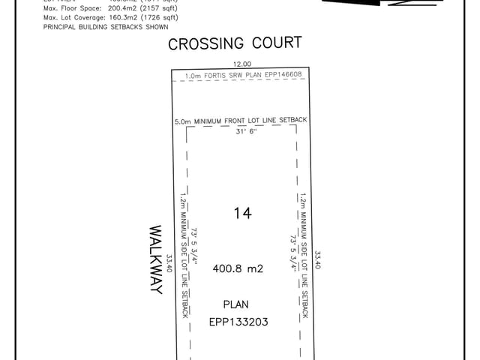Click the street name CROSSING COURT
point(235,43)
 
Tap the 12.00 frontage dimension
point(241,65)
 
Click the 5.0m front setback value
point(182,121)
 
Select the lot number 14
point(241,214)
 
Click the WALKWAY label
point(156,259)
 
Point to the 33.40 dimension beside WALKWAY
point(169,264)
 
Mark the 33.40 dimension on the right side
point(318,260)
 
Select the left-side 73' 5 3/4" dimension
point(193,245)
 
